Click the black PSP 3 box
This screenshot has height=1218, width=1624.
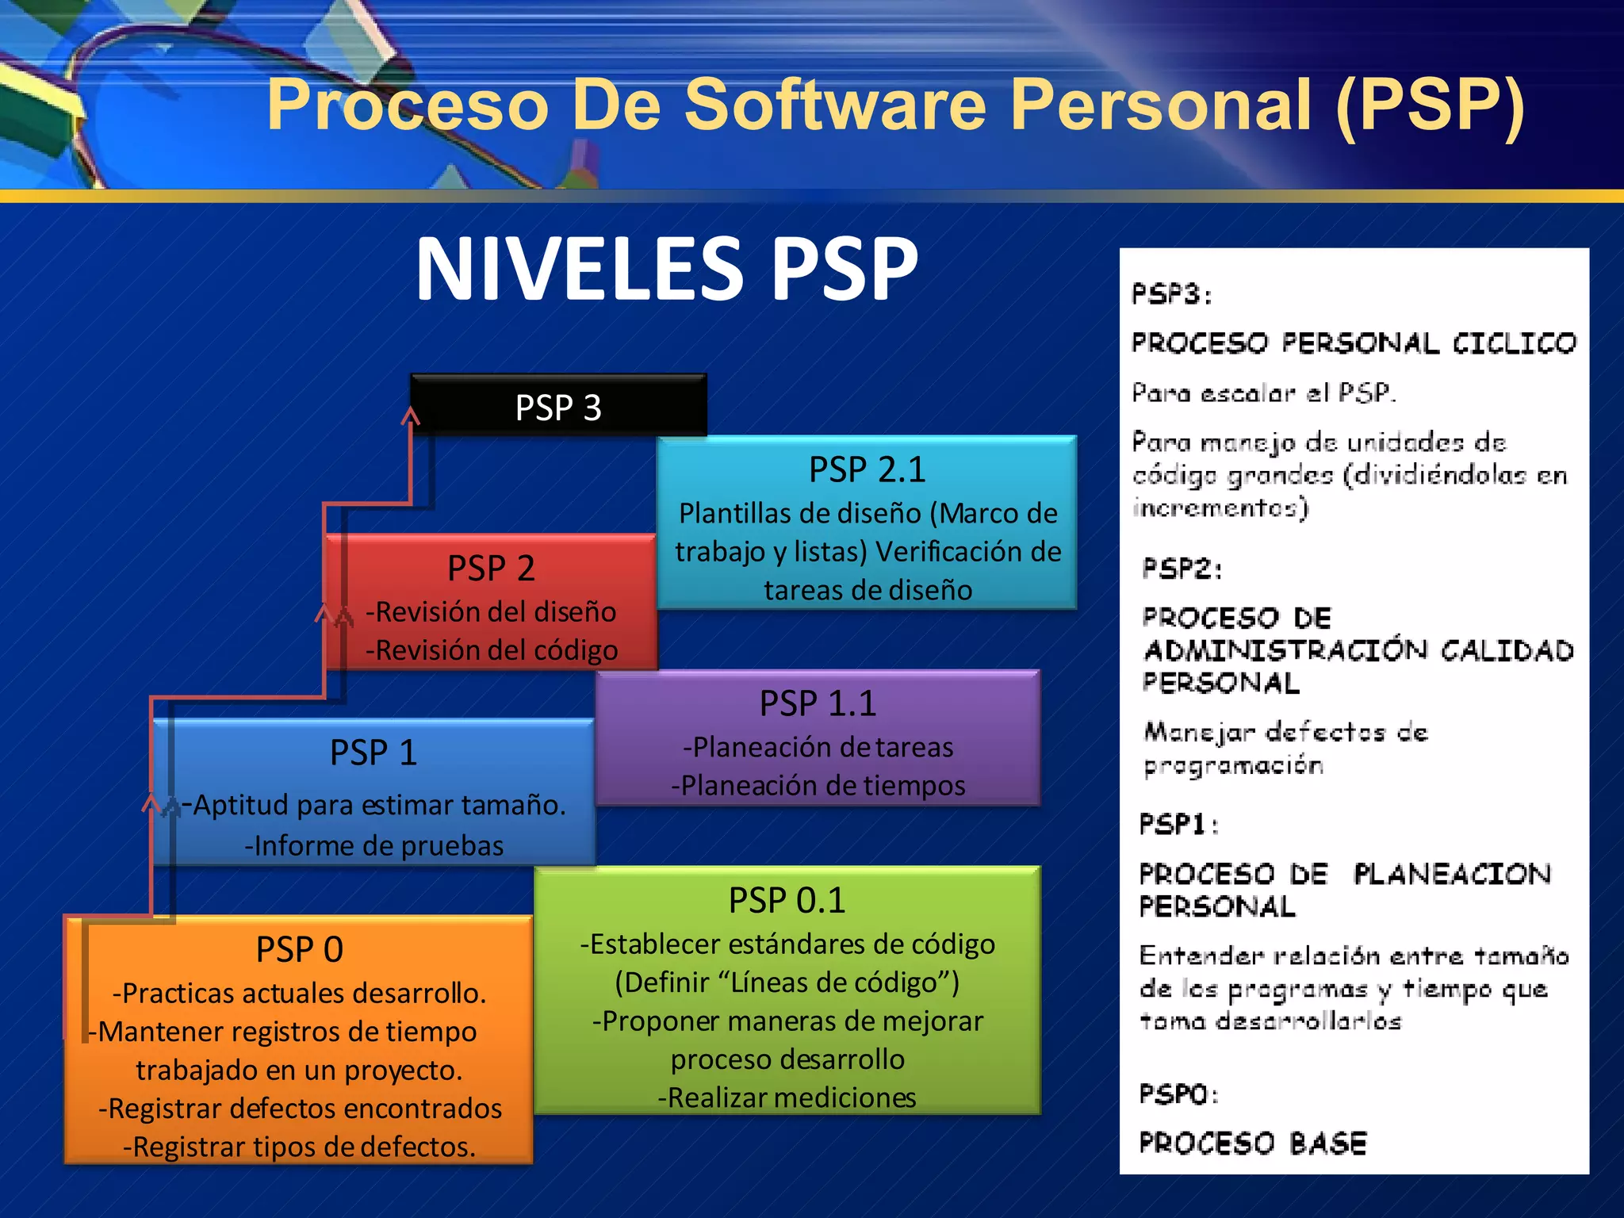558,407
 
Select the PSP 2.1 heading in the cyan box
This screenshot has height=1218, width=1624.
867,469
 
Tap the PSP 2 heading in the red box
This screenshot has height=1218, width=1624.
491,568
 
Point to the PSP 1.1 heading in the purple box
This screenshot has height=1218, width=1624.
818,703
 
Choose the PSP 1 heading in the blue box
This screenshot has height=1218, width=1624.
373,753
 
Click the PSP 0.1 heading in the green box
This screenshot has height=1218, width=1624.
787,900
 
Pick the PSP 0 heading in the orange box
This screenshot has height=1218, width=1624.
299,949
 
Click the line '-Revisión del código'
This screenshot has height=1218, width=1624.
491,650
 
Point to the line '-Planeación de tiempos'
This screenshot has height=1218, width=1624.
818,785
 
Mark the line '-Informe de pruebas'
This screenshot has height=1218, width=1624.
373,846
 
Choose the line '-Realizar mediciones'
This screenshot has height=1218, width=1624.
787,1097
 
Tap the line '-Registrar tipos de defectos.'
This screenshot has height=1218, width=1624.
299,1147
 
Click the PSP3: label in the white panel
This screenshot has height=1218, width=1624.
1171,295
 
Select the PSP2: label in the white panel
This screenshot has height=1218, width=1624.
1182,569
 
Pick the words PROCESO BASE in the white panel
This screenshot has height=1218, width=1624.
1253,1143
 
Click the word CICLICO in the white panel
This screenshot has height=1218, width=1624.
1514,343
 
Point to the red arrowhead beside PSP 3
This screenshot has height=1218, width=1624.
410,416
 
